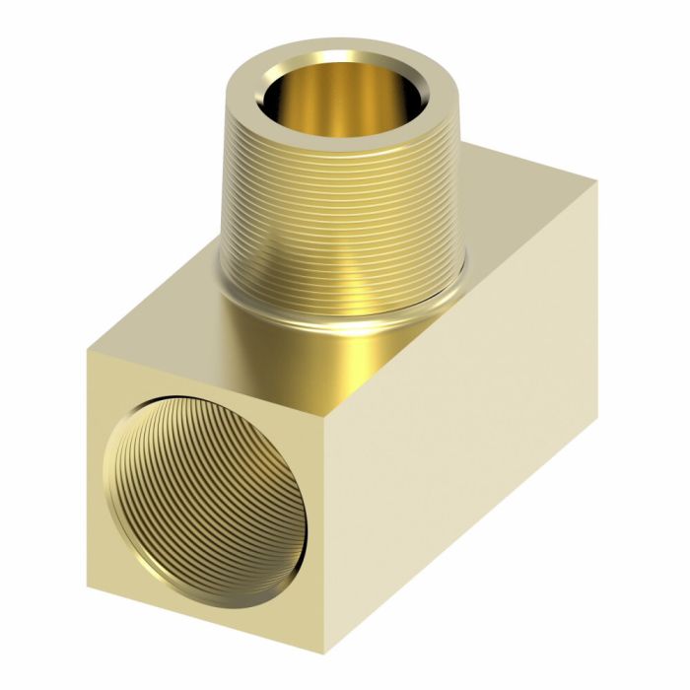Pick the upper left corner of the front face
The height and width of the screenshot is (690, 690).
[87, 351]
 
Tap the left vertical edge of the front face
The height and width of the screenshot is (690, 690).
[88, 444]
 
